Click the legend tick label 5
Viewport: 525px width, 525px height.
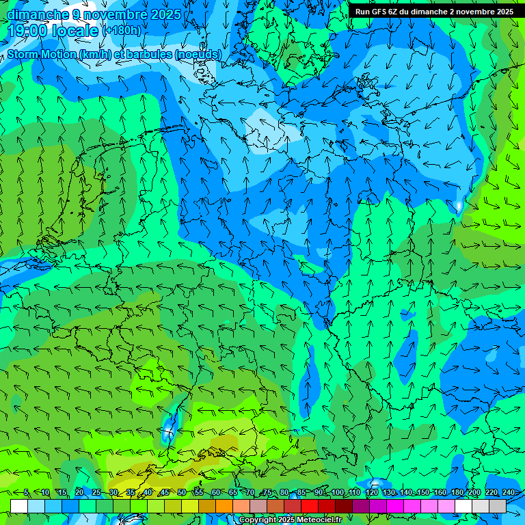coord(26,493)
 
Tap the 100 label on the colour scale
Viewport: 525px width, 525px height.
coord(338,493)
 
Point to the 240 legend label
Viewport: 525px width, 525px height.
coord(509,493)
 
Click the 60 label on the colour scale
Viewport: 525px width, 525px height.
coord(216,493)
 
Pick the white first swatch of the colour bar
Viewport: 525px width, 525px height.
coord(19,506)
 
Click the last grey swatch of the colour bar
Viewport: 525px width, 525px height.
coord(498,506)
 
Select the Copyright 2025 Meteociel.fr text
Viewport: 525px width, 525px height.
coord(290,520)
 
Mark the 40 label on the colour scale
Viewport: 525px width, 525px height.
coord(148,493)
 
